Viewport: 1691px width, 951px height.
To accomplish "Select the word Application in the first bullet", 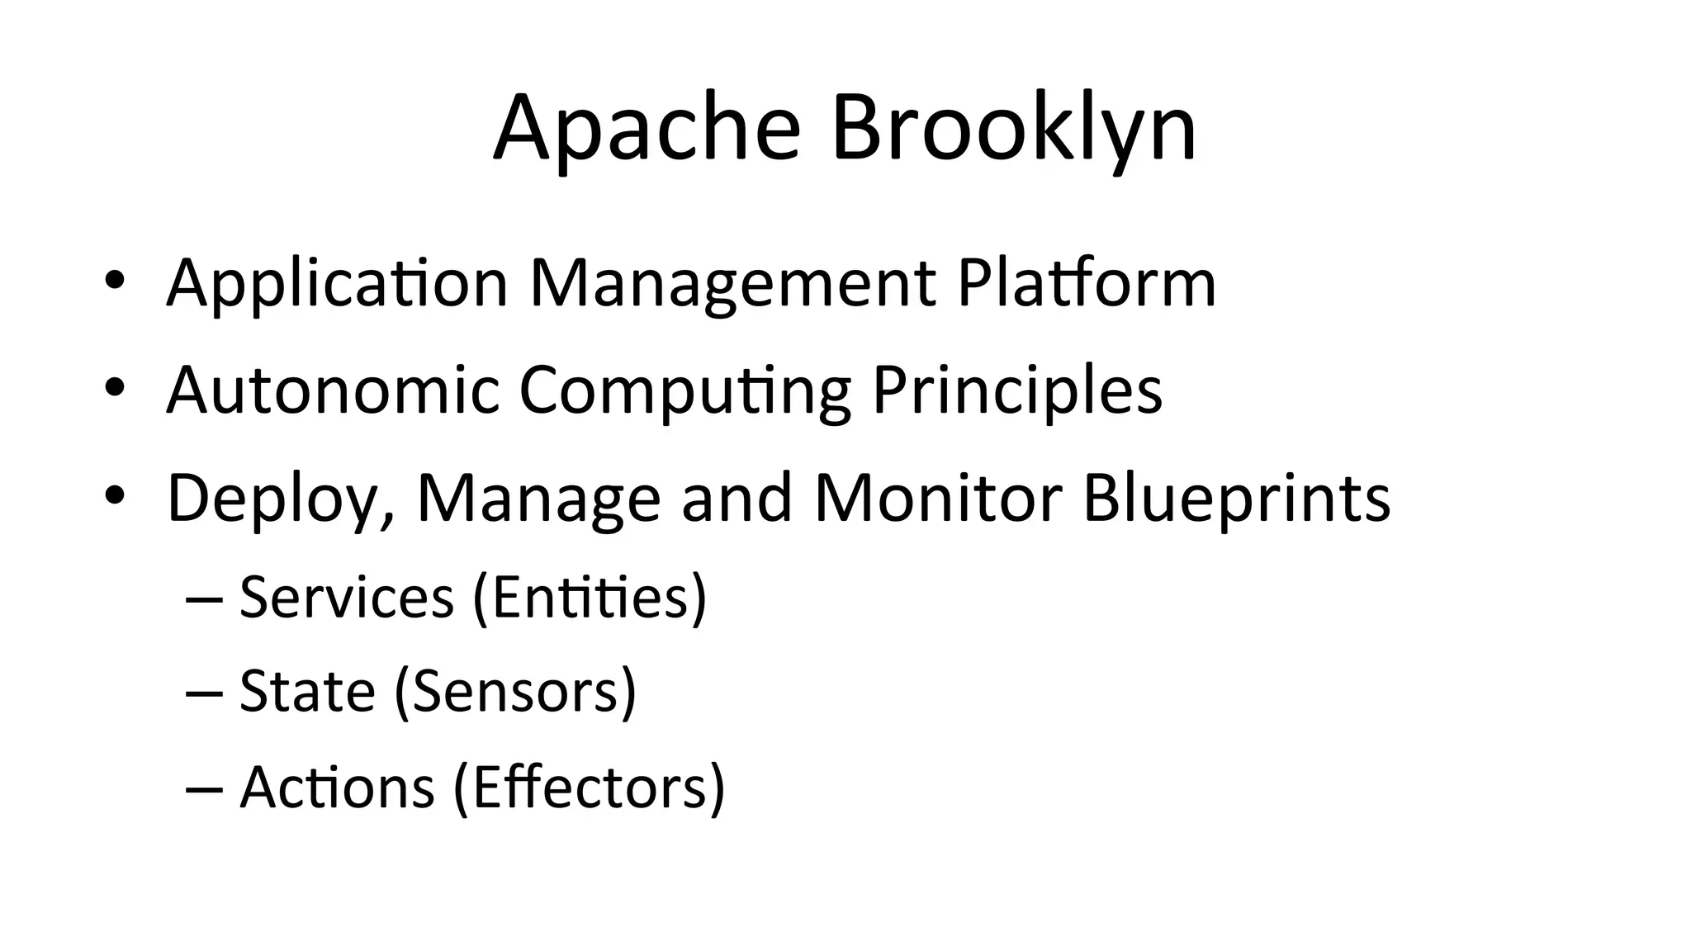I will (x=337, y=283).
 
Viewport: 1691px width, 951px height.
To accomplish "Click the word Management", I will (x=732, y=283).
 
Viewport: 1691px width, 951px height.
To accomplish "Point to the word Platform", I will (x=1087, y=283).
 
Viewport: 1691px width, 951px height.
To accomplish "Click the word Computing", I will (x=684, y=390).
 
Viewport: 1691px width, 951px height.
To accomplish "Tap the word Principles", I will (x=1017, y=390).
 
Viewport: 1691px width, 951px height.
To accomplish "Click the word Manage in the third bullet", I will (x=538, y=498).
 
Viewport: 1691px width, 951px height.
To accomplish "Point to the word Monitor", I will (x=938, y=498).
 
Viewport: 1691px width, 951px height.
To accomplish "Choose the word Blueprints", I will (x=1236, y=498).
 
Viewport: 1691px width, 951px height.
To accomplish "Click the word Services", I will (x=347, y=597).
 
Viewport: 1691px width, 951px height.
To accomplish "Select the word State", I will (x=307, y=691).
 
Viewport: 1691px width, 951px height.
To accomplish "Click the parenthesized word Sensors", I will (x=516, y=691).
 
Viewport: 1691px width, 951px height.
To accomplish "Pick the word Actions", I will (x=337, y=787).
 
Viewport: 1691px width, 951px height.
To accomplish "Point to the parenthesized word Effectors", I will (x=590, y=787).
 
